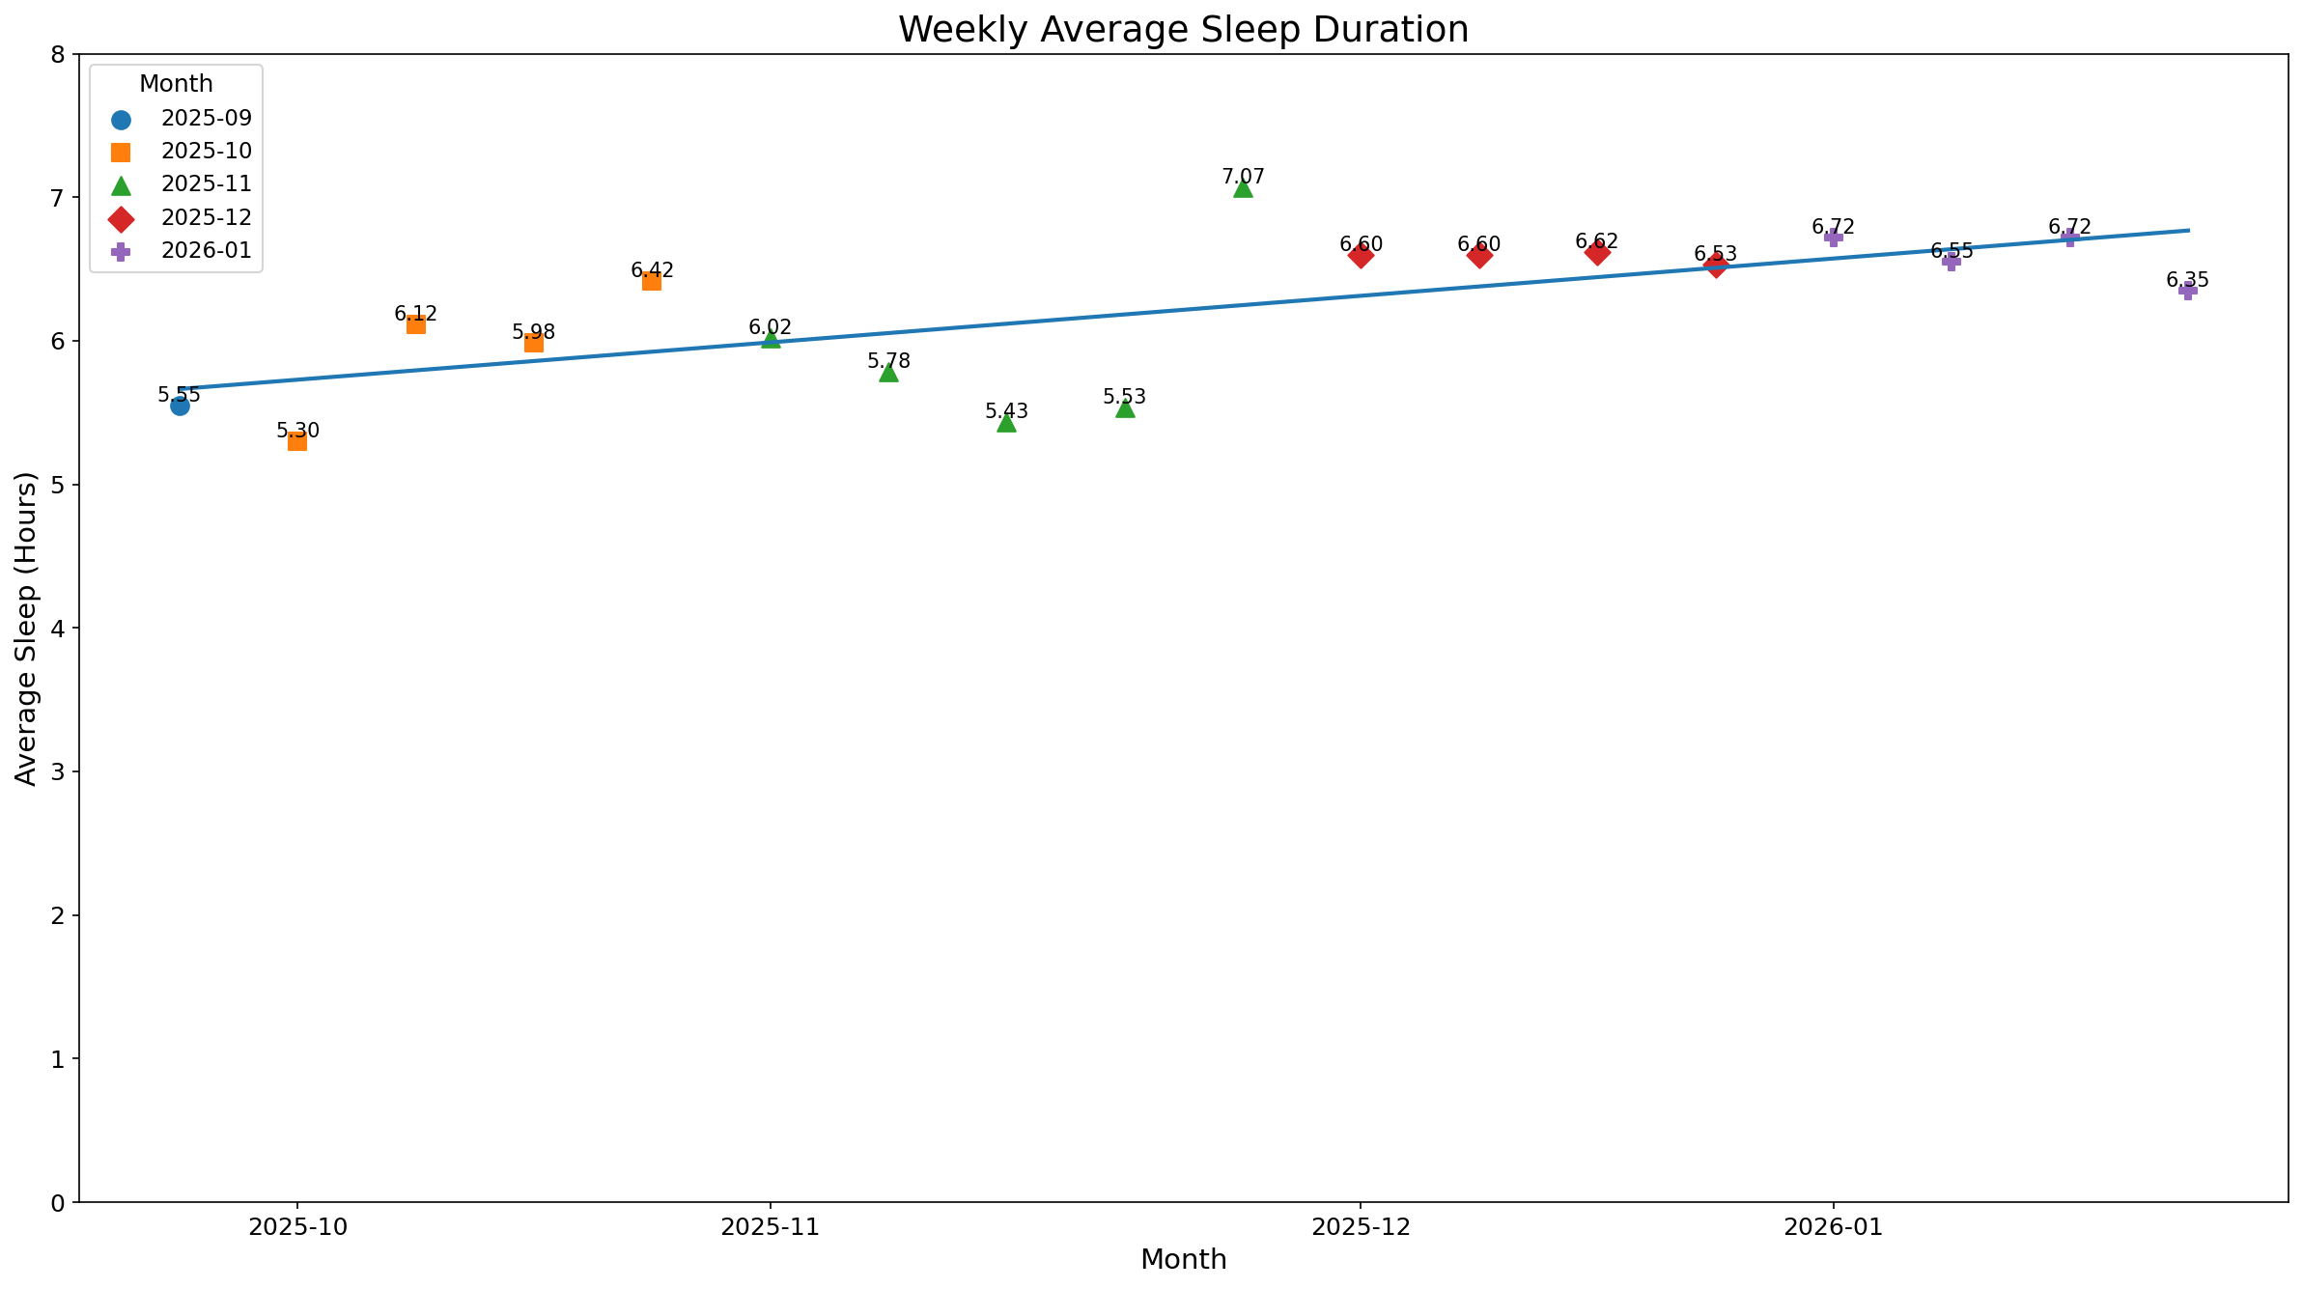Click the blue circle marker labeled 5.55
click(x=180, y=406)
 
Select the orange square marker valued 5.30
click(x=297, y=441)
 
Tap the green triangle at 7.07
click(x=1243, y=188)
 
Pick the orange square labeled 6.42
click(x=652, y=281)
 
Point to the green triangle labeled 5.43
click(x=1006, y=423)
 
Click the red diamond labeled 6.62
click(x=1597, y=253)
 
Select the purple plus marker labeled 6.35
click(x=2188, y=291)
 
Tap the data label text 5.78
click(x=888, y=361)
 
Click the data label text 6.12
click(x=415, y=314)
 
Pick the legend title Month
click(x=176, y=84)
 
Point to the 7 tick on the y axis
click(x=58, y=198)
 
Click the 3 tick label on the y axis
click(x=58, y=772)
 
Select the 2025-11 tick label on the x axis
click(x=770, y=1227)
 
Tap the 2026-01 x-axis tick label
click(x=1833, y=1227)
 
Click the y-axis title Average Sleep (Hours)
click(x=27, y=629)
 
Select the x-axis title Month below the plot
click(x=1183, y=1260)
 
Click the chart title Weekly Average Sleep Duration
click(x=1183, y=29)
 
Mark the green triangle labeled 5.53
click(x=1125, y=408)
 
